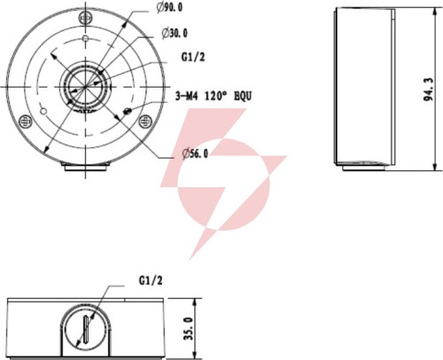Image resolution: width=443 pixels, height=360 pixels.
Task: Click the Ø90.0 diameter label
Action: pos(169,8)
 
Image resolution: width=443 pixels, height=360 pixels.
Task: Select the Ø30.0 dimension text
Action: pos(175,33)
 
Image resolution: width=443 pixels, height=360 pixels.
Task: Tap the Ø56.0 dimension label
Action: pos(195,153)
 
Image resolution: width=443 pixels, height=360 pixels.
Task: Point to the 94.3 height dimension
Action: pos(429,90)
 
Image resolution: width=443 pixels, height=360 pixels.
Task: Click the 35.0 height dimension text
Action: pos(189,328)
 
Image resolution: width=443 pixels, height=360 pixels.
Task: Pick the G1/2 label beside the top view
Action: pos(193,57)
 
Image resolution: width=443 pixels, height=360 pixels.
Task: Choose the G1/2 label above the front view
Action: pos(151,280)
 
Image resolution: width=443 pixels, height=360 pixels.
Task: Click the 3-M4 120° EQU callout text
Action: pos(214,96)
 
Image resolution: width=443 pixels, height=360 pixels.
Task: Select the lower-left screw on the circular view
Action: pos(26,121)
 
